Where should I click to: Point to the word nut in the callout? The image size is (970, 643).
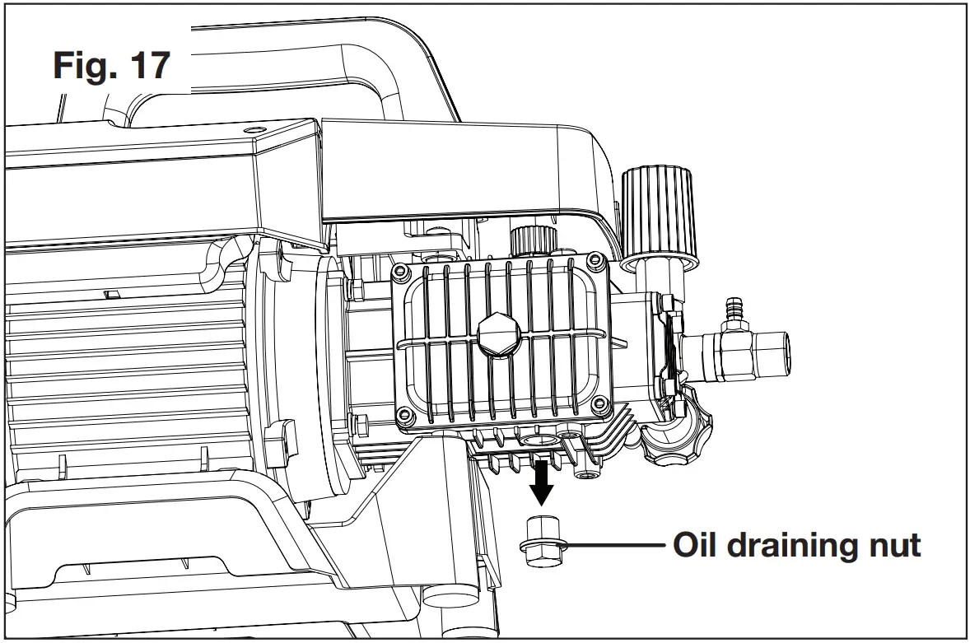(893, 547)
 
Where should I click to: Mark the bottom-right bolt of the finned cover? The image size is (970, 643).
(599, 404)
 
